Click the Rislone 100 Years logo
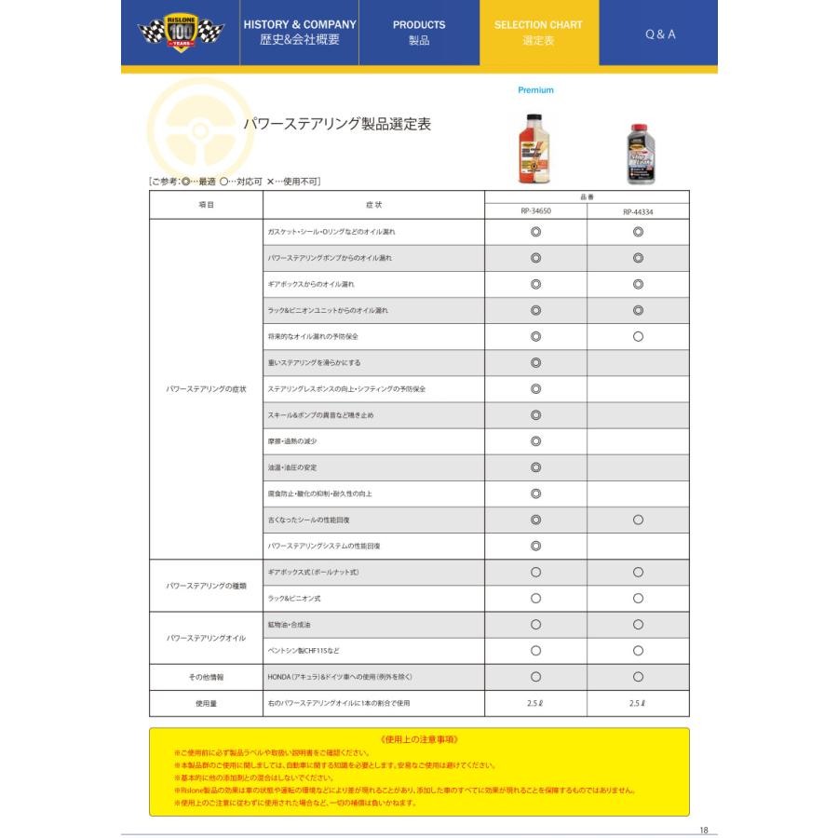pyautogui.click(x=181, y=34)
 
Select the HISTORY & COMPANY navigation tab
pyautogui.click(x=300, y=33)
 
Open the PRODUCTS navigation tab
pyautogui.click(x=419, y=33)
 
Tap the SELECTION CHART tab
pyautogui.click(x=538, y=33)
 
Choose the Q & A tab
pyautogui.click(x=660, y=34)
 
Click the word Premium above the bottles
pyautogui.click(x=535, y=90)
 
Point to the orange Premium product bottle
pyautogui.click(x=534, y=146)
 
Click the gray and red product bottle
pyautogui.click(x=639, y=154)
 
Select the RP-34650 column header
pyautogui.click(x=535, y=211)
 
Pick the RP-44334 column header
pyautogui.click(x=638, y=211)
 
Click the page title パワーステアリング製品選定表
pyautogui.click(x=336, y=124)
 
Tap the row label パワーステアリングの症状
pyautogui.click(x=206, y=388)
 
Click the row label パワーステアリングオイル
pyautogui.click(x=206, y=638)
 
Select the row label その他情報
pyautogui.click(x=206, y=677)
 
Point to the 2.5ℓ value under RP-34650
pyautogui.click(x=535, y=703)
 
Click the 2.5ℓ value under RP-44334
pyautogui.click(x=638, y=703)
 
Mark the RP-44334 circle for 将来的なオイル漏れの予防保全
pyautogui.click(x=638, y=336)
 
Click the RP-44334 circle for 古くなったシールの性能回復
pyautogui.click(x=638, y=520)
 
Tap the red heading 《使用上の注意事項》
pyautogui.click(x=419, y=738)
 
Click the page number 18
pyautogui.click(x=704, y=830)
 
